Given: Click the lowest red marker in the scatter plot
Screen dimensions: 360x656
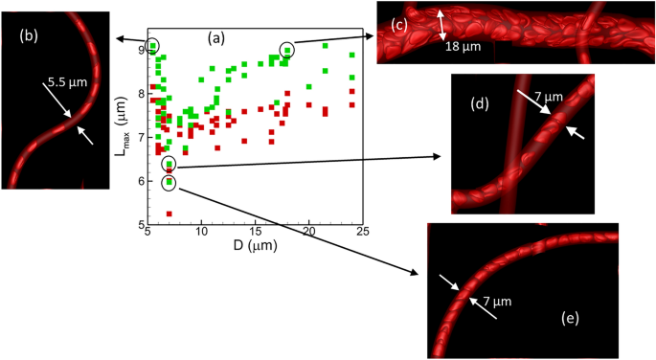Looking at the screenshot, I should (170, 214).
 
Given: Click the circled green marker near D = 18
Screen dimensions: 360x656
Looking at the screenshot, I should (287, 51).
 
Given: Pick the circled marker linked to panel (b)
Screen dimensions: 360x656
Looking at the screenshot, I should (152, 46).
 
